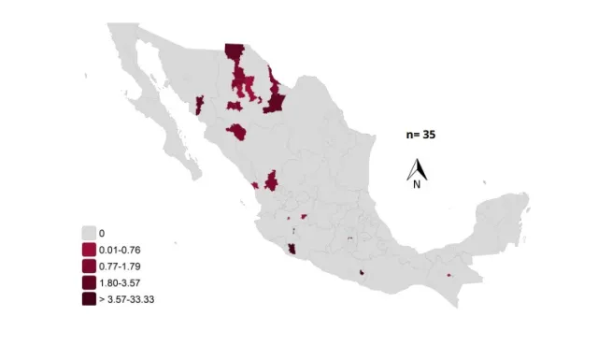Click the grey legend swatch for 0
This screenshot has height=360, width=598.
coord(90,232)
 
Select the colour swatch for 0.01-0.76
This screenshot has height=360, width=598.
coord(90,250)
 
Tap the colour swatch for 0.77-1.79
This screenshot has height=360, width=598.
coord(90,266)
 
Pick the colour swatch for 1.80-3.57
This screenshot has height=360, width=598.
coord(90,282)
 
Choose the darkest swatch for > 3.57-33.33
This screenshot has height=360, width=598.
coord(90,299)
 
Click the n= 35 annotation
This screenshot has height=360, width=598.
coord(420,135)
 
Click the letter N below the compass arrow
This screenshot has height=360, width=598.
coord(417,184)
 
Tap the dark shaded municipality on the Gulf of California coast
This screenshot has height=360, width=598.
coord(200,104)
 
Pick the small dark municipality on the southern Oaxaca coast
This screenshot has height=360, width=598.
coord(361,273)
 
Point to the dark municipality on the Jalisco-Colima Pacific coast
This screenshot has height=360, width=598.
coord(292,250)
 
